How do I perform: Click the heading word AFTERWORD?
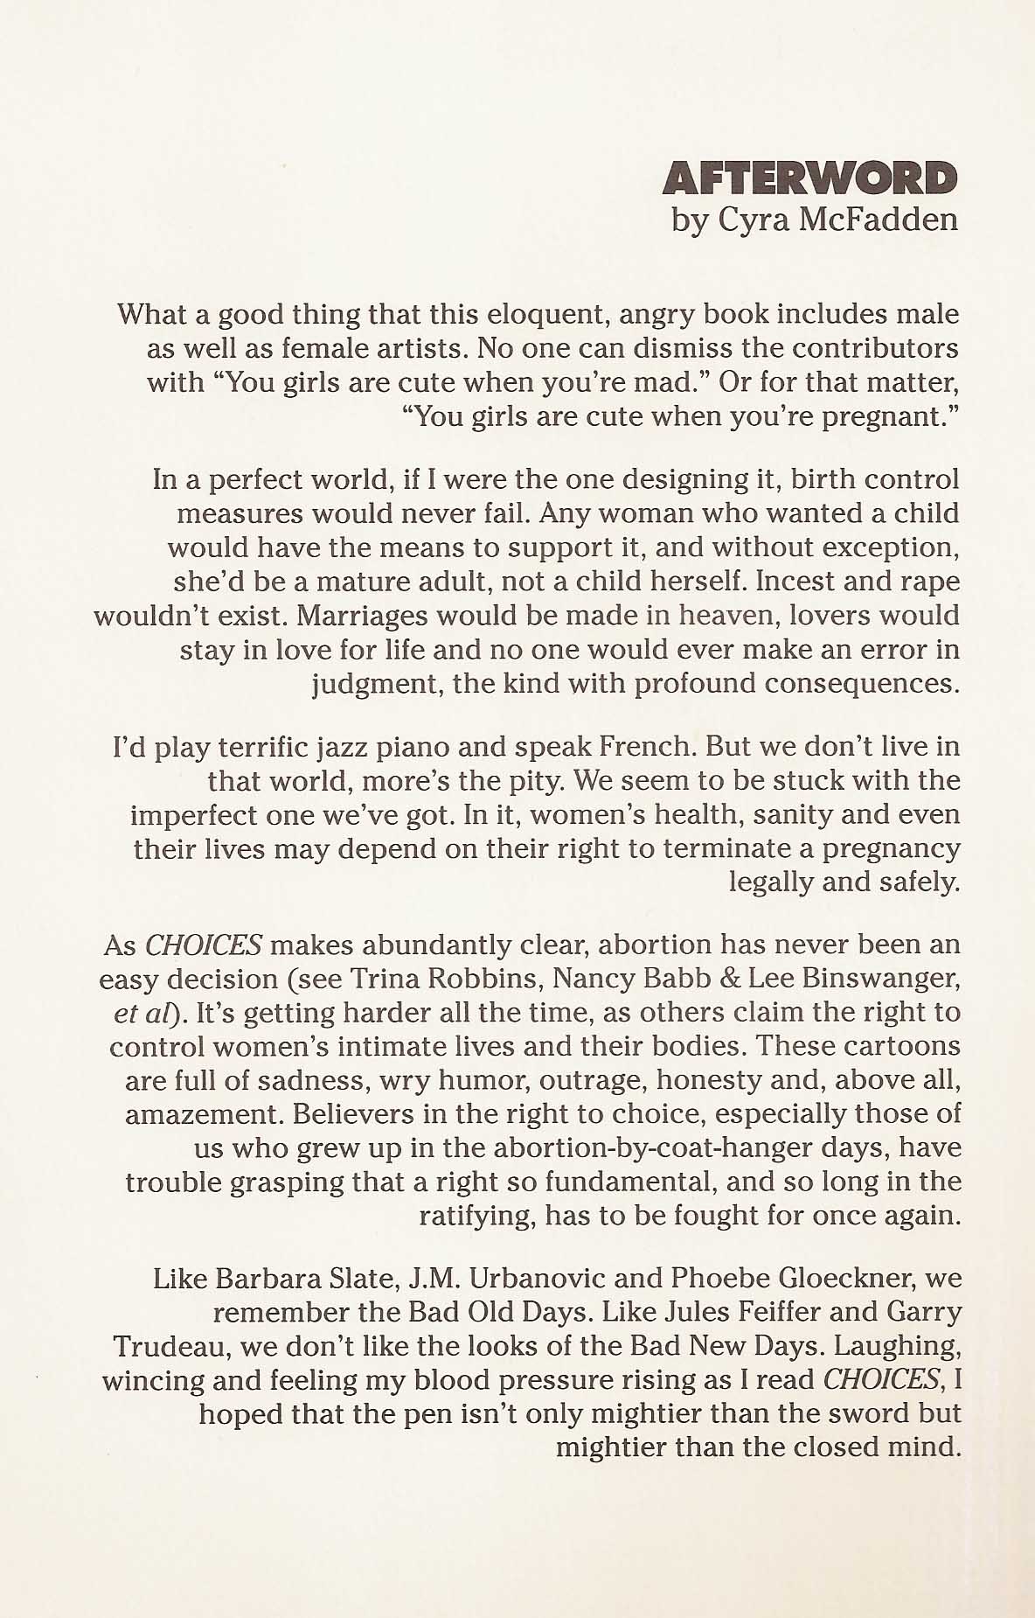pos(809,178)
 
